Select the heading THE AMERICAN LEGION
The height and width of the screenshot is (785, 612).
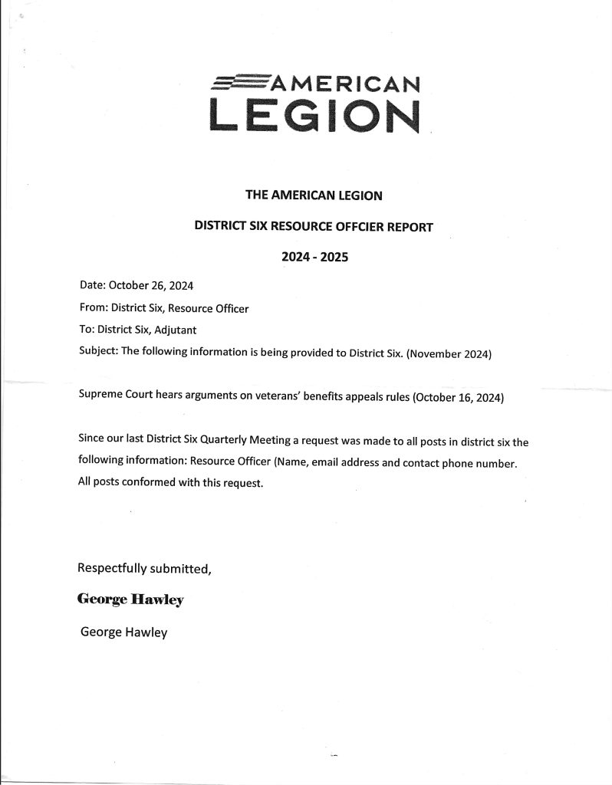313,195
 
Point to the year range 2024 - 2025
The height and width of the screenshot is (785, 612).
314,258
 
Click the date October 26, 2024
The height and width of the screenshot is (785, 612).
151,287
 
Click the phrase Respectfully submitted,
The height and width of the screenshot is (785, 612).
144,569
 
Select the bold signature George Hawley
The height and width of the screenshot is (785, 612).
130,600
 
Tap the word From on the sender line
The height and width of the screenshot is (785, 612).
92,308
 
